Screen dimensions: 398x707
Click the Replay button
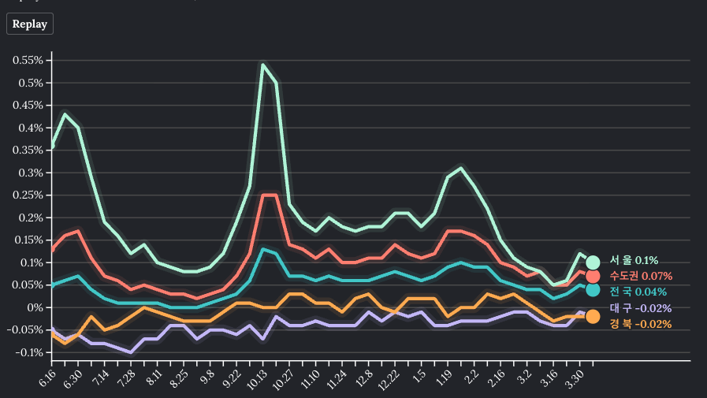(x=29, y=24)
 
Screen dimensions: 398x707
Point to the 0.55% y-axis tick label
(x=28, y=61)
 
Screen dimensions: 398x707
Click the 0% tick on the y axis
(x=35, y=307)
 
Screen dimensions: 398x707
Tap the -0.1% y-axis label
(x=28, y=352)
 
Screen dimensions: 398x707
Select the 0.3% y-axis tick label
(x=30, y=173)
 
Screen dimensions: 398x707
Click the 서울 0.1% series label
(x=634, y=261)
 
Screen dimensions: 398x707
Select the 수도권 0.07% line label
(x=640, y=276)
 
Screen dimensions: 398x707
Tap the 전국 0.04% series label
(x=638, y=292)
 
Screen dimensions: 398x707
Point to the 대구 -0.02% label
(x=640, y=308)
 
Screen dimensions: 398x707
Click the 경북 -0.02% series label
(x=640, y=324)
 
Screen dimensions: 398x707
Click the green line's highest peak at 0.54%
(x=262, y=65)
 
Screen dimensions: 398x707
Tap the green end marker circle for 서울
(x=593, y=262)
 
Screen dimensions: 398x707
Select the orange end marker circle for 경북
(x=593, y=316)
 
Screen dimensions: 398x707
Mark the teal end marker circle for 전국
(x=593, y=290)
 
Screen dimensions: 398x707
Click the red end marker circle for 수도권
(x=593, y=276)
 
